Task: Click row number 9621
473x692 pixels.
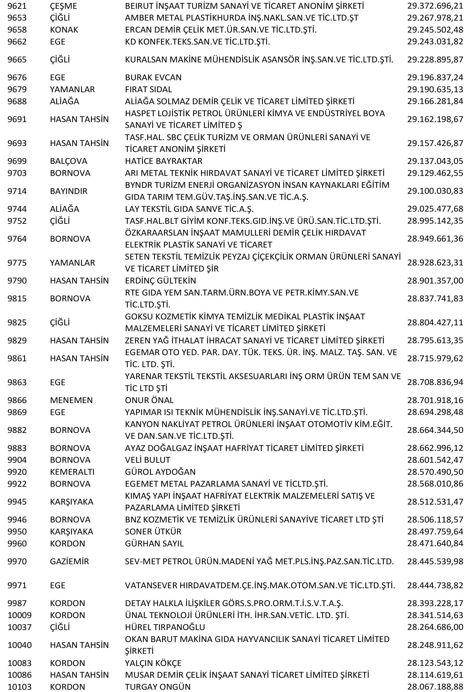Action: (x=17, y=6)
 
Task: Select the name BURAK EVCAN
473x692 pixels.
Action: (x=153, y=77)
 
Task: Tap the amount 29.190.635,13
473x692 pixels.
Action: (x=435, y=89)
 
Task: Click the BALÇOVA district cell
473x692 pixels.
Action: (x=68, y=161)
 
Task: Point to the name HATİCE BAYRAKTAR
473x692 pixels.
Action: (x=163, y=161)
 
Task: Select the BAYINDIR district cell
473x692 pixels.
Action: (x=68, y=191)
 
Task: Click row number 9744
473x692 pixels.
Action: (x=17, y=209)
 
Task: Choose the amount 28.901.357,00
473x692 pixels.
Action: (x=435, y=281)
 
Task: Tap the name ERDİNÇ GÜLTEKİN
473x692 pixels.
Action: (x=160, y=281)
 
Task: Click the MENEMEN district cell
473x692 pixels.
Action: (x=71, y=400)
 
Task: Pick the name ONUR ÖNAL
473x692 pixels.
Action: (x=149, y=400)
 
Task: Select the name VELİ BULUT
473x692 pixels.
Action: (x=147, y=460)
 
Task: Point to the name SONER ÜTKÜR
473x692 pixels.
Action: (x=153, y=531)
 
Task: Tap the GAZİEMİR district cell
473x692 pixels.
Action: (x=69, y=561)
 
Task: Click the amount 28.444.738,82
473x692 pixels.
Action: (x=435, y=585)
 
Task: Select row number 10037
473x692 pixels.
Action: (x=19, y=627)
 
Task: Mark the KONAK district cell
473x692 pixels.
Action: (x=64, y=30)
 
